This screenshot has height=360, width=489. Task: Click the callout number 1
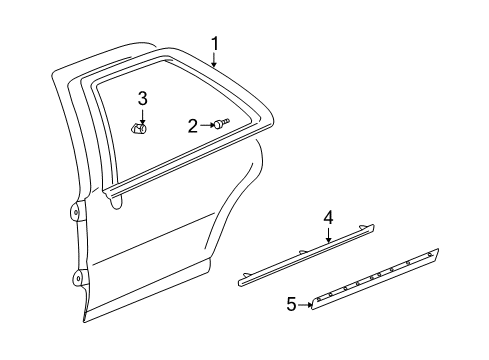tap(214, 43)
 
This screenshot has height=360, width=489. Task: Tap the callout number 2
tap(192, 125)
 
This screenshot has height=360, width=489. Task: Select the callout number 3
tap(142, 97)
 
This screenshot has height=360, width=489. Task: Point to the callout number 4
tap(327, 246)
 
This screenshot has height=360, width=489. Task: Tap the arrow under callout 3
tap(142, 113)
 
